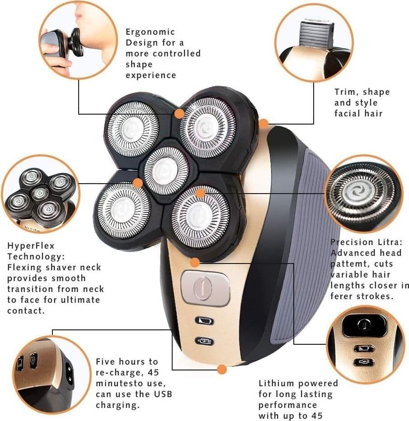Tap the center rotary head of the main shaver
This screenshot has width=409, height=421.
coord(166,171)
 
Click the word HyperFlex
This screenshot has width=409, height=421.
coord(31,245)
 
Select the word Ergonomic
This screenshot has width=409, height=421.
coord(150,32)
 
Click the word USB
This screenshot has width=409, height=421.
coord(163,394)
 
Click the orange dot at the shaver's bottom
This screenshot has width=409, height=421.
coord(221,370)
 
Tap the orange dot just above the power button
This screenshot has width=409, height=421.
coord(195,262)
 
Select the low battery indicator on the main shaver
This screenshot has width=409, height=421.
coord(204,320)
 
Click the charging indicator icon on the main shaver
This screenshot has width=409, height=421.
coord(204,341)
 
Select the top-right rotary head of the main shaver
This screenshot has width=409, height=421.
coord(207,127)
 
